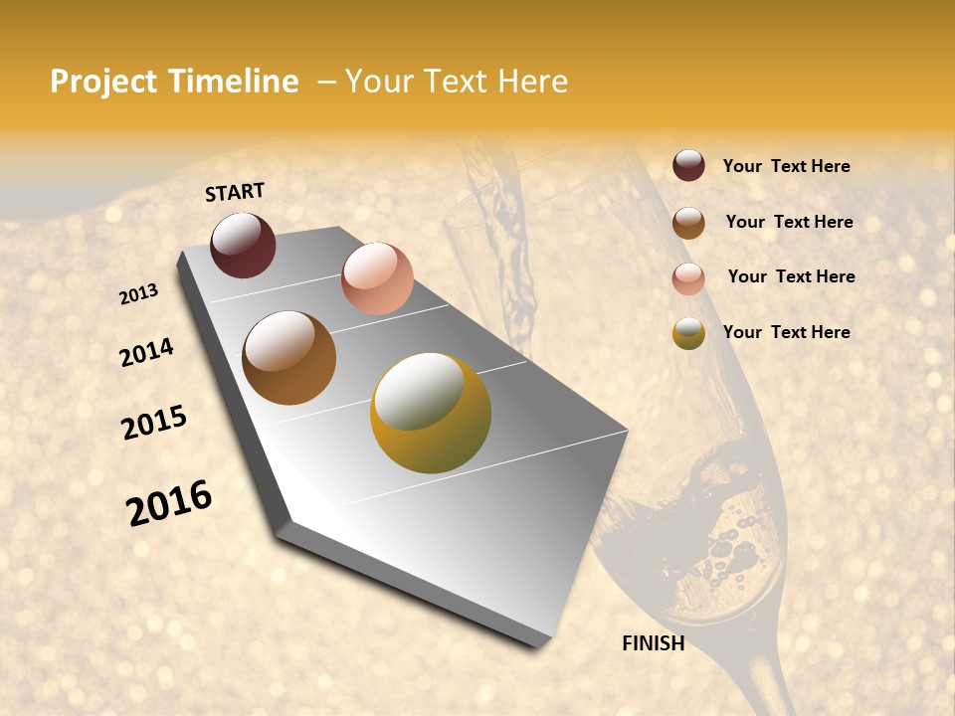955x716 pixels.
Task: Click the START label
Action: click(235, 192)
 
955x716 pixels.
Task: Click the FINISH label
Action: click(653, 643)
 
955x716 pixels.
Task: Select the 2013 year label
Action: click(139, 294)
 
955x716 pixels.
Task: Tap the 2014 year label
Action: click(146, 352)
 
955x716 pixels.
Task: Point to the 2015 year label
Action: click(154, 423)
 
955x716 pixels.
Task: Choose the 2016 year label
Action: click(169, 503)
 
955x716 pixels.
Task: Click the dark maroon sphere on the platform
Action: click(243, 245)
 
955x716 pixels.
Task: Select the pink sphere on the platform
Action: click(377, 278)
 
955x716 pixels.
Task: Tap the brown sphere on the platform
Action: click(288, 358)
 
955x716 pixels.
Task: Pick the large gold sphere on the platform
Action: click(430, 413)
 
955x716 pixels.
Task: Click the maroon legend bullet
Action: click(688, 166)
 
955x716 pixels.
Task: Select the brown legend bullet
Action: click(688, 223)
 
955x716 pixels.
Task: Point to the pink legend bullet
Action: click(688, 278)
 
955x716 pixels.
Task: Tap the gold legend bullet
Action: click(688, 333)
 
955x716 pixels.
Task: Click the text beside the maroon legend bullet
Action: click(786, 167)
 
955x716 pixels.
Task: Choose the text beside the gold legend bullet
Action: click(786, 332)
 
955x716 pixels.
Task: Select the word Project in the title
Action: click(103, 82)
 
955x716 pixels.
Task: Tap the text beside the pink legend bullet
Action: click(791, 276)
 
